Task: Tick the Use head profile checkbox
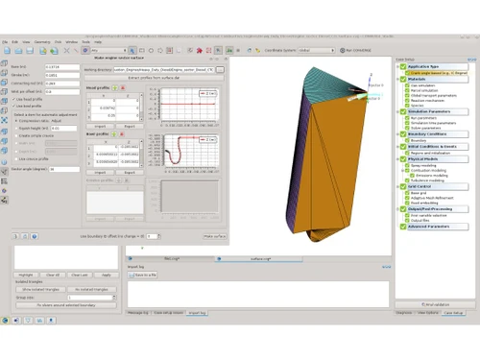click(12, 98)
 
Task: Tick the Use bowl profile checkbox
click(12, 105)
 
